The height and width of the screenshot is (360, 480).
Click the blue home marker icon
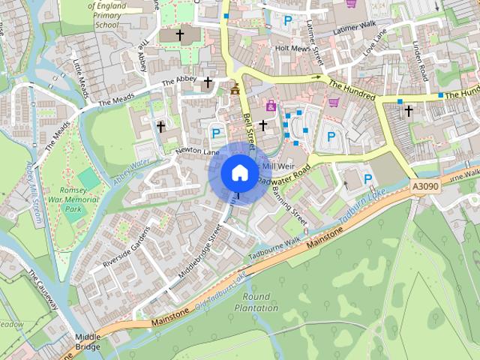coord(239,173)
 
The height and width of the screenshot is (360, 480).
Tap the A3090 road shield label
coord(424,185)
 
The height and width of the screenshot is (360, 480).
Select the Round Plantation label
coord(256,302)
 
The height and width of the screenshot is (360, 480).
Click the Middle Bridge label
coord(88,343)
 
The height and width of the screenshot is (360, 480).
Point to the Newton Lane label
coord(196,151)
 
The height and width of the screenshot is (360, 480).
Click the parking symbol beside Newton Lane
coord(216,133)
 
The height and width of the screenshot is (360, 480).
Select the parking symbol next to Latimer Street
coord(287,22)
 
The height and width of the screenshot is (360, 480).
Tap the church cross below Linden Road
coord(409,111)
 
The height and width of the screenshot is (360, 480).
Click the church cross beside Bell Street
coord(263,124)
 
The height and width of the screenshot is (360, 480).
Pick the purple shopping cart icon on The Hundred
coord(334,102)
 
